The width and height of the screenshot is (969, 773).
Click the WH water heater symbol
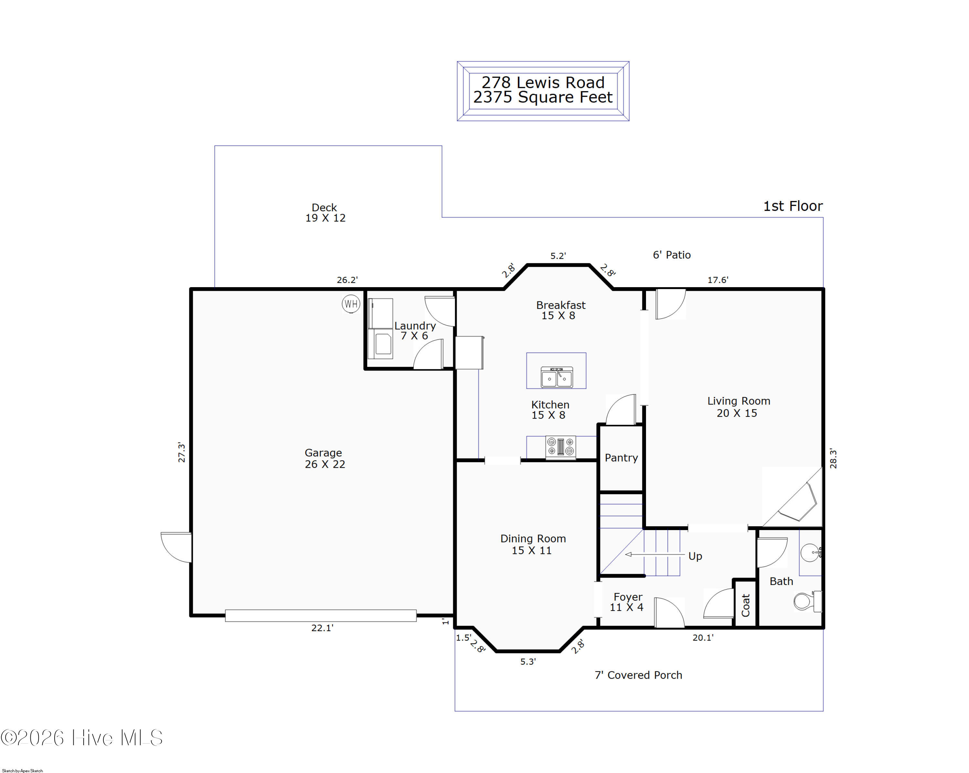tap(351, 304)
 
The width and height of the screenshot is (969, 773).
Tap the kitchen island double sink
tap(557, 377)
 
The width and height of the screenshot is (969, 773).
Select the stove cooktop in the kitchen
tap(560, 447)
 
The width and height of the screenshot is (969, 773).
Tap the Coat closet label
tap(745, 605)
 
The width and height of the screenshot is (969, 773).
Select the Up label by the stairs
tap(695, 556)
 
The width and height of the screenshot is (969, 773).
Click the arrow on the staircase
tap(655, 554)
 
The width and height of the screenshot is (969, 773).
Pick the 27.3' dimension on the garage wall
tap(181, 452)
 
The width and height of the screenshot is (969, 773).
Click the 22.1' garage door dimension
tap(322, 628)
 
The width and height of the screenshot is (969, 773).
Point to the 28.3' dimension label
tap(833, 458)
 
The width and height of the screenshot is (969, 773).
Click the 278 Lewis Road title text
tap(543, 82)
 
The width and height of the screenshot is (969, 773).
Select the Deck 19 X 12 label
tap(325, 213)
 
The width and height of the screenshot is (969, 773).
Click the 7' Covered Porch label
tap(638, 675)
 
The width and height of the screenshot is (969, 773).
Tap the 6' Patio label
tap(672, 255)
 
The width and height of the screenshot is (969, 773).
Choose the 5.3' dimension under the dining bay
tap(528, 662)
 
